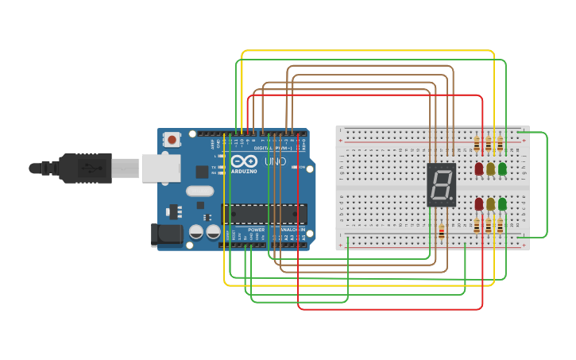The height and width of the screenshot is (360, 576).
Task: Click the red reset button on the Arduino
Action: [x=172, y=140]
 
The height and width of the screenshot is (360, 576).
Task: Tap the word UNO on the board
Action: [x=275, y=161]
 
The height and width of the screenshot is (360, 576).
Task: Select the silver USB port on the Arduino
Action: [x=160, y=168]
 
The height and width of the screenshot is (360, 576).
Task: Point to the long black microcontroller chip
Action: [x=264, y=214]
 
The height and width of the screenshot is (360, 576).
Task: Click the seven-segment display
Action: [x=442, y=184]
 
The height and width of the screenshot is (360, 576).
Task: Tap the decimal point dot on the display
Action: [x=451, y=199]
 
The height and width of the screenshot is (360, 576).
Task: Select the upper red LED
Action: [x=479, y=168]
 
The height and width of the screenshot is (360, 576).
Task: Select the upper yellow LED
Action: [x=490, y=168]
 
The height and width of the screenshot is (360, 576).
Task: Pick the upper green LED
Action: [x=502, y=168]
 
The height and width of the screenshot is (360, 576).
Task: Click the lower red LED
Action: [x=479, y=204]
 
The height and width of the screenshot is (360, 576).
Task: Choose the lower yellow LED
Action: [x=490, y=204]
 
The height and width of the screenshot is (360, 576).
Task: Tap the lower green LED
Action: [x=502, y=204]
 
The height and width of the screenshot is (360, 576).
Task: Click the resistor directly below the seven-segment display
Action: [x=442, y=231]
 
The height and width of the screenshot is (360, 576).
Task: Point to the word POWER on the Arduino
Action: [x=257, y=230]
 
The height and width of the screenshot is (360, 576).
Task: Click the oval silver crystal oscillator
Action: [x=200, y=191]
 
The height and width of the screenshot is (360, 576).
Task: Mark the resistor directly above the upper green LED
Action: [x=500, y=144]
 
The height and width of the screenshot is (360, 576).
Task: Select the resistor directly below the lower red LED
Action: [x=477, y=227]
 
